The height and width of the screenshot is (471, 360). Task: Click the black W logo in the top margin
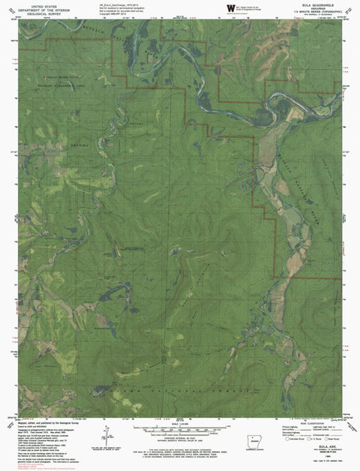230,8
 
